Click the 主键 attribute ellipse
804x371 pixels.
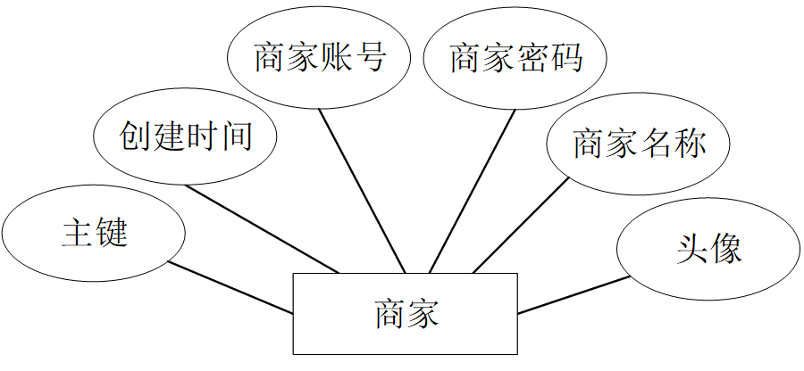(94, 234)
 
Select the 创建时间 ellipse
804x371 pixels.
(186, 137)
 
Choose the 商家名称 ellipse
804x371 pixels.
(639, 143)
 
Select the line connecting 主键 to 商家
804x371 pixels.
(230, 287)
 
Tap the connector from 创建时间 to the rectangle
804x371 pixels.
(264, 228)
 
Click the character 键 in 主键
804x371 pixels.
(112, 234)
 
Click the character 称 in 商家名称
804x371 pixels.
(690, 143)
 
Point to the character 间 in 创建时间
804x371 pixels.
(236, 137)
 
